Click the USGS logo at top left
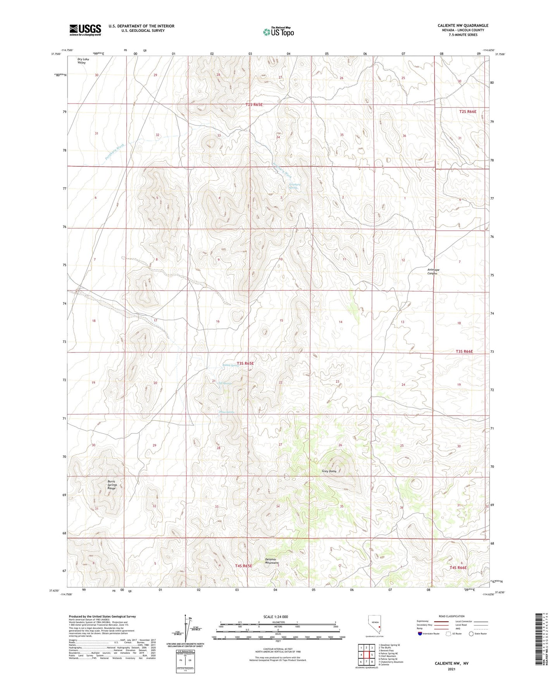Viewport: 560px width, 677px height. point(85,29)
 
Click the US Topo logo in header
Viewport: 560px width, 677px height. point(278,32)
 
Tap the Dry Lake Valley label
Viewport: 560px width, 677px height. point(83,61)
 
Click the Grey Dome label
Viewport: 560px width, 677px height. point(329,471)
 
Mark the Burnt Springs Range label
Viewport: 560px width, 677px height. point(112,485)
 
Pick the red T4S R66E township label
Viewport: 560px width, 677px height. point(458,568)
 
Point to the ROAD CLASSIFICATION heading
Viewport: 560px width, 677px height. point(451,616)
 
